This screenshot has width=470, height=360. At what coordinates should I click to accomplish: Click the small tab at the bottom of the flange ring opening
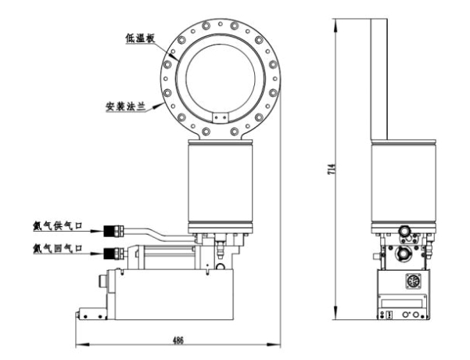(220, 117)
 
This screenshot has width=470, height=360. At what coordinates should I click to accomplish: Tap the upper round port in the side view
(405, 231)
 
